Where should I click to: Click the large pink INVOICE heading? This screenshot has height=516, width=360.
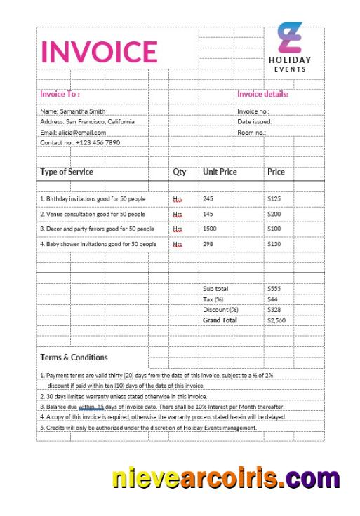(99, 52)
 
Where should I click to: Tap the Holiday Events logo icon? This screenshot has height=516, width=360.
(290, 38)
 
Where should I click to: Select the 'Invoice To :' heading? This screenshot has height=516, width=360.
(60, 94)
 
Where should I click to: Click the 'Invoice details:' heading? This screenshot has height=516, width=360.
(262, 94)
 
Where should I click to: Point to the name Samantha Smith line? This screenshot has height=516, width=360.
(72, 111)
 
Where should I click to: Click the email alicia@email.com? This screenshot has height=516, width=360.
(73, 132)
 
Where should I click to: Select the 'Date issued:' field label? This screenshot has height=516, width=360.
(254, 121)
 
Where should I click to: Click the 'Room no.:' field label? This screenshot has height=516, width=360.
(251, 132)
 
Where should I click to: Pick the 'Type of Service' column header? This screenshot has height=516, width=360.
(67, 172)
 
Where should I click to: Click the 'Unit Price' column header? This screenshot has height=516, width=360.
(220, 172)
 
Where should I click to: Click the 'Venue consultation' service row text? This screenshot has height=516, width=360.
(93, 214)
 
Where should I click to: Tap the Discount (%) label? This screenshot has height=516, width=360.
(220, 310)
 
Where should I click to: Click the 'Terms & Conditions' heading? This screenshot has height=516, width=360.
(74, 358)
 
